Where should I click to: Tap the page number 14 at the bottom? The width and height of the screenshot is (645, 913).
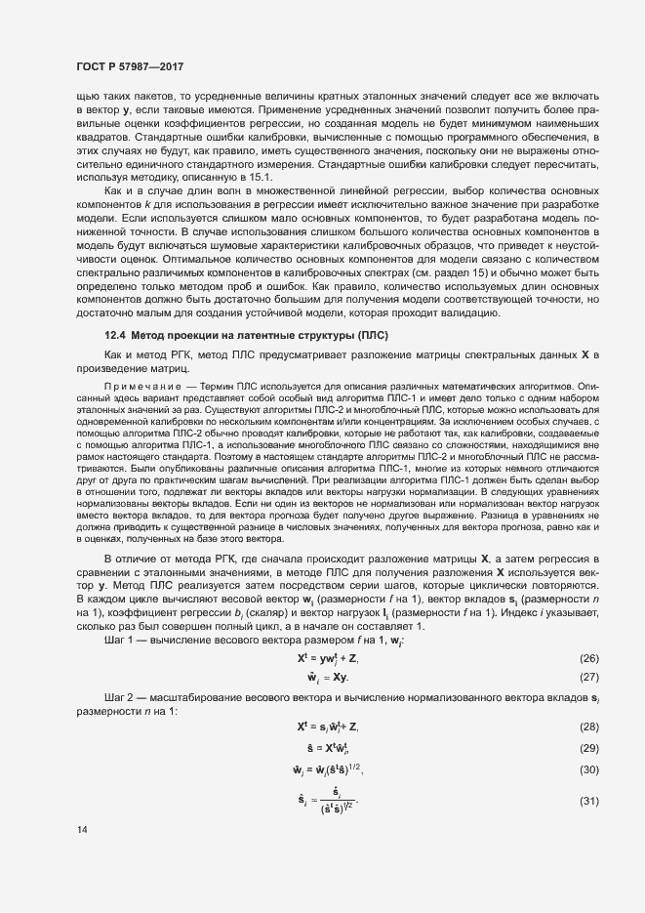pos(81,830)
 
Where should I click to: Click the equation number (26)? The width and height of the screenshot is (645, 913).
pos(588,661)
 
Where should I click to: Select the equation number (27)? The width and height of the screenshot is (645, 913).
pos(588,677)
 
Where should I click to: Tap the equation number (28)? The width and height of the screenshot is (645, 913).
pos(588,726)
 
